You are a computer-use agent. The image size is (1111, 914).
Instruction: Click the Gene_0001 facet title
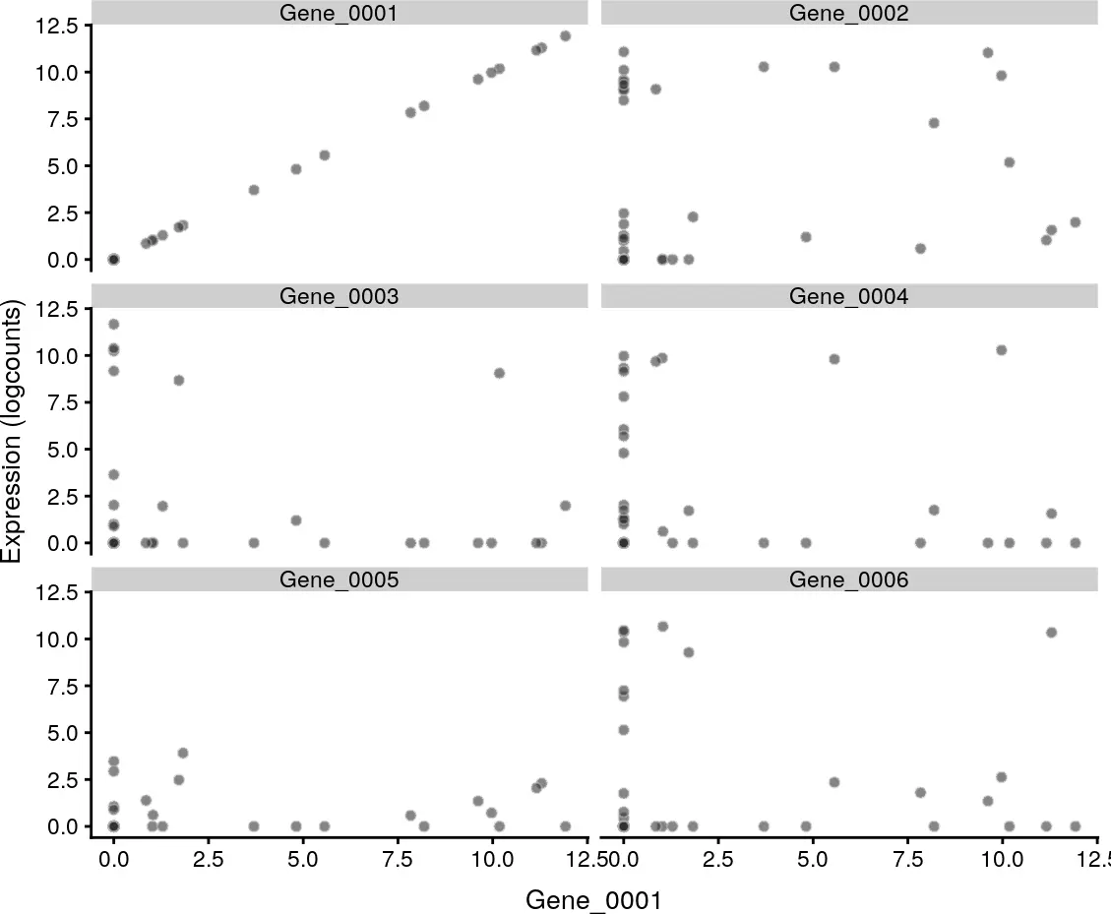pos(339,13)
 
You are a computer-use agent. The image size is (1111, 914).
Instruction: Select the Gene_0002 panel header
pos(848,13)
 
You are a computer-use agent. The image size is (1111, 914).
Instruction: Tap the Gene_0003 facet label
pos(339,296)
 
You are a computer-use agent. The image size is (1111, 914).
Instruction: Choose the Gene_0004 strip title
pos(848,296)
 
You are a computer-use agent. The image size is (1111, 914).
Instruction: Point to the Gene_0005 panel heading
pos(339,579)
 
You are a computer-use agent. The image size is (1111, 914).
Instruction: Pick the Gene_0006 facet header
pos(848,579)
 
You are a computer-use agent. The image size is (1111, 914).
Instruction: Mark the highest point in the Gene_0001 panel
pos(565,36)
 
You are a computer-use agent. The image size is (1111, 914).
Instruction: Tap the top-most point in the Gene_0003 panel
pos(113,324)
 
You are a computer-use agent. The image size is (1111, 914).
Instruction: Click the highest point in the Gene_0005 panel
pos(182,753)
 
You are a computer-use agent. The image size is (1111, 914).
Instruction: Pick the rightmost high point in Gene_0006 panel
pos(1051,633)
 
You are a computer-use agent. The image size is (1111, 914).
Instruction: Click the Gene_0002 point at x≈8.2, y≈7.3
pos(934,123)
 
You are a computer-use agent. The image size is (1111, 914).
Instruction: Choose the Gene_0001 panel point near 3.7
pos(253,190)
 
